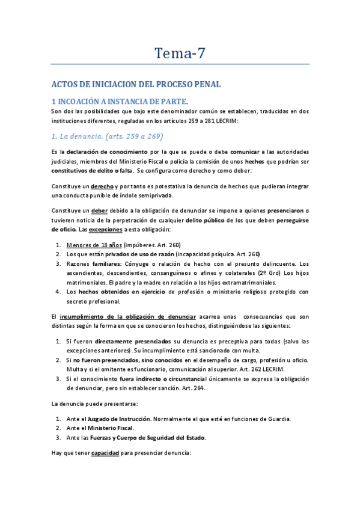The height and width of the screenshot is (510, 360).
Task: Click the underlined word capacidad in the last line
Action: click(x=106, y=453)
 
